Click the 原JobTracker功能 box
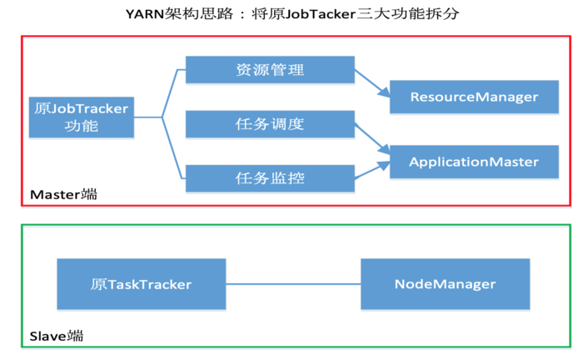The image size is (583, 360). (82, 117)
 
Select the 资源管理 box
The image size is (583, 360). (270, 69)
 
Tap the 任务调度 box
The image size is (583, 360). (270, 124)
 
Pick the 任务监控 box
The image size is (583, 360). (270, 178)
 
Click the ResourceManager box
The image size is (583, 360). (474, 97)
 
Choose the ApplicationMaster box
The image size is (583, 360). (474, 162)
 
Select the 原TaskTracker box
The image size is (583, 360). (142, 284)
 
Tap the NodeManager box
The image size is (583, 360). (445, 284)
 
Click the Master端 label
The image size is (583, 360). (63, 194)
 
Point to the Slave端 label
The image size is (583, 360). (57, 336)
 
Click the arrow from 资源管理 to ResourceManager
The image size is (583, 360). (372, 83)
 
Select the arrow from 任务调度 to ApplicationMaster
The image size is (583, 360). (372, 138)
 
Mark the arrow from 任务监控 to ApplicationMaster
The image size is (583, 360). (372, 170)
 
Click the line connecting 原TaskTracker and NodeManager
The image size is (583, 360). (293, 284)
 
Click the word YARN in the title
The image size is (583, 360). (145, 14)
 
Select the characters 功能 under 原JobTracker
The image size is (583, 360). (82, 126)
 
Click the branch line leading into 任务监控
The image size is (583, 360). (173, 148)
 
